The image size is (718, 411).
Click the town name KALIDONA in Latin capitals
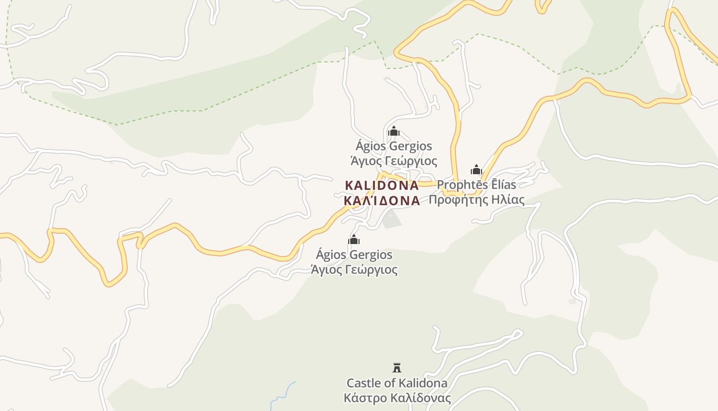[382, 185]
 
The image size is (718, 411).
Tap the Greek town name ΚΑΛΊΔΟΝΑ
[382, 201]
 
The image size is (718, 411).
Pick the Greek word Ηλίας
[508, 200]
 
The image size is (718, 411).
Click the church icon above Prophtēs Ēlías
[476, 170]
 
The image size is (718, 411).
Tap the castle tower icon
[396, 367]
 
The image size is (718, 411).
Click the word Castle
[364, 383]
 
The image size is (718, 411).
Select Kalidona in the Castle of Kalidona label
[423, 383]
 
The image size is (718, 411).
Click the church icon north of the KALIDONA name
[393, 132]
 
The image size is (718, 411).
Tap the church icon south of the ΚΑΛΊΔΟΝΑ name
[354, 239]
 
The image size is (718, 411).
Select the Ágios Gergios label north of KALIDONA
[394, 146]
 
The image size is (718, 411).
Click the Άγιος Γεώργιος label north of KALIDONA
[394, 161]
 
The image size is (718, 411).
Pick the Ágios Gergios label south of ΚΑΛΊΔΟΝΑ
[354, 255]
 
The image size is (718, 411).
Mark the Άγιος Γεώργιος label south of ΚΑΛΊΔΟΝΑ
[354, 270]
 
